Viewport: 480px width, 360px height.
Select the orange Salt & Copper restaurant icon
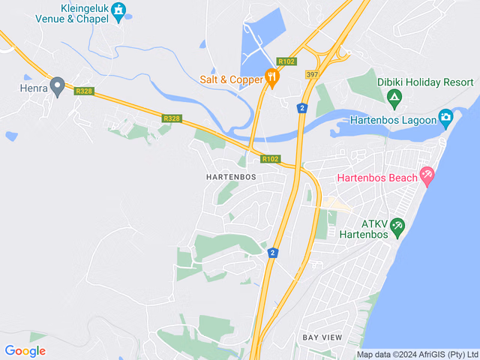coord(271,76)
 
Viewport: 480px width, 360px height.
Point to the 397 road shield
coord(312,74)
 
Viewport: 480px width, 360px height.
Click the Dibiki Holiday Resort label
coord(425,82)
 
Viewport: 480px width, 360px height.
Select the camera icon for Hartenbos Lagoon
coord(446,118)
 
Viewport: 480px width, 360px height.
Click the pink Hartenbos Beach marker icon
coord(427,177)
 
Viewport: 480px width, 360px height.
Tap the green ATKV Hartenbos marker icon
coord(397,225)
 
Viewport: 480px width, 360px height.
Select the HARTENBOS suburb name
coord(230,177)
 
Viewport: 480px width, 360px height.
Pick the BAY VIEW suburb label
coord(322,337)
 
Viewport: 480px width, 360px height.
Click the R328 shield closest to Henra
coord(83,91)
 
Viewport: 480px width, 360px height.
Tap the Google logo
coord(25,350)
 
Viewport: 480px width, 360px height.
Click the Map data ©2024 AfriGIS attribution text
coord(417,354)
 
